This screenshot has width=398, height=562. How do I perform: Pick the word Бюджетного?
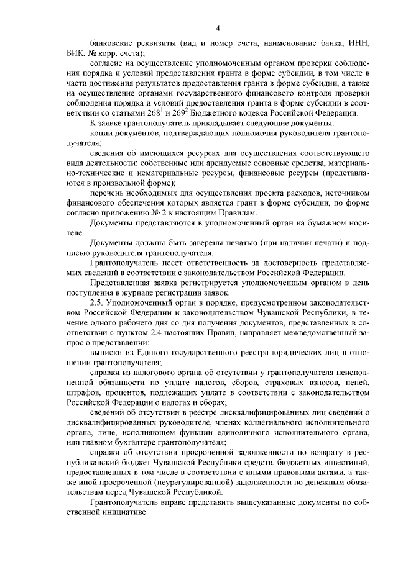239,113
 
